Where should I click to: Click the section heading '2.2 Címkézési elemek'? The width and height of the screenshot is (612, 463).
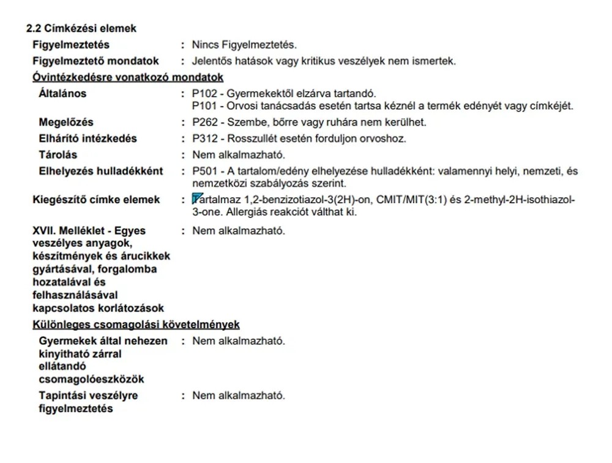click(x=81, y=28)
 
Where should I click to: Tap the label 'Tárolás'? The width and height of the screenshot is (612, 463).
click(x=58, y=155)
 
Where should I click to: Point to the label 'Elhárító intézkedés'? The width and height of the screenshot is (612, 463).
click(x=88, y=138)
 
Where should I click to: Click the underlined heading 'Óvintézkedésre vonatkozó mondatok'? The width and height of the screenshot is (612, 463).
click(x=127, y=77)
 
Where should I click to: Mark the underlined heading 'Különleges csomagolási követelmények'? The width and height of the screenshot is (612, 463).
click(x=136, y=325)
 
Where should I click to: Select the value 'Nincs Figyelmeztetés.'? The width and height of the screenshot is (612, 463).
click(x=244, y=45)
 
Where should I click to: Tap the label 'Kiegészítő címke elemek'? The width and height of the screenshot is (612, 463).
click(x=96, y=200)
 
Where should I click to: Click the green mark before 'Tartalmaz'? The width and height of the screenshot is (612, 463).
click(x=196, y=198)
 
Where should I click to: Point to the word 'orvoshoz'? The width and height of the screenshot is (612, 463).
click(x=387, y=138)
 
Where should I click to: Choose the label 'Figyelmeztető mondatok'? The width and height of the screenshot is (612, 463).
click(x=95, y=61)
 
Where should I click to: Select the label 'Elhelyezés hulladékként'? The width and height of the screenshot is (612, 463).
click(x=101, y=171)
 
